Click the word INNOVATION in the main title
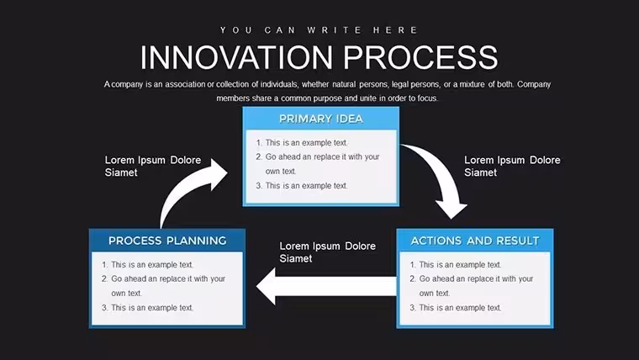pyautogui.click(x=236, y=57)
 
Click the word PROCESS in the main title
pyautogui.click(x=420, y=57)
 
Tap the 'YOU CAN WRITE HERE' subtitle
pyautogui.click(x=319, y=30)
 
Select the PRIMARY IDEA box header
pyautogui.click(x=320, y=119)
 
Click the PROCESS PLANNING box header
pyautogui.click(x=167, y=241)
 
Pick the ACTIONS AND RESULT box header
pyautogui.click(x=475, y=241)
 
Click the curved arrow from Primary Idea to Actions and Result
pyautogui.click(x=442, y=175)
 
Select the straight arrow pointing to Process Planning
pyautogui.click(x=326, y=286)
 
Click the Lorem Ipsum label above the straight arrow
pyautogui.click(x=328, y=252)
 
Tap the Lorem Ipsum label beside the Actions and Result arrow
pyautogui.click(x=512, y=166)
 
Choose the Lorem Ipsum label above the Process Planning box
pyautogui.click(x=153, y=166)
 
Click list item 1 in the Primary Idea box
pyautogui.click(x=302, y=143)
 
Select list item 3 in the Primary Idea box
pyautogui.click(x=302, y=186)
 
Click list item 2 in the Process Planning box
pyautogui.click(x=163, y=286)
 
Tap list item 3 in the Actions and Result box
pyautogui.click(x=456, y=307)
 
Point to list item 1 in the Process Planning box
pyautogui.click(x=147, y=265)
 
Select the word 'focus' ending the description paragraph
pyautogui.click(x=427, y=98)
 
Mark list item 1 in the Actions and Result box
pyautogui.click(x=456, y=265)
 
